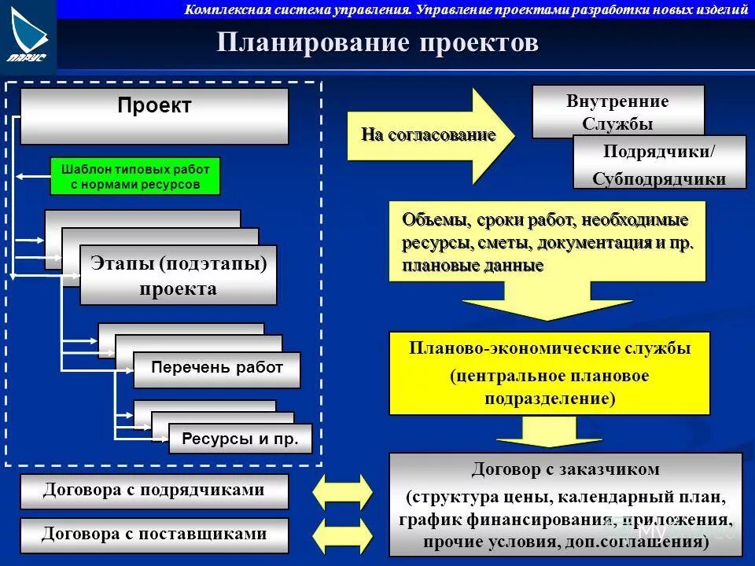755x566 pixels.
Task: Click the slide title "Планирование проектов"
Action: [377, 43]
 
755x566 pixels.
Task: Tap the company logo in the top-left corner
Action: [28, 36]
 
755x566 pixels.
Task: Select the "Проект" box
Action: [154, 115]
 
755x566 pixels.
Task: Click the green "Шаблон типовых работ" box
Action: [135, 177]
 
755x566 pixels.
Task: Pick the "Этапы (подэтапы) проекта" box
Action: [179, 275]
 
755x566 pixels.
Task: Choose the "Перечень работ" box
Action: [217, 369]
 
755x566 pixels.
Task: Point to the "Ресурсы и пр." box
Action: [241, 439]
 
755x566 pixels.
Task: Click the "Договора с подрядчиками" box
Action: [154, 491]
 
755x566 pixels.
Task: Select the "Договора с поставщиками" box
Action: [154, 535]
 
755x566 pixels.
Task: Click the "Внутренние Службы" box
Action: [618, 112]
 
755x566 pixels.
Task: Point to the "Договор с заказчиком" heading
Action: [565, 470]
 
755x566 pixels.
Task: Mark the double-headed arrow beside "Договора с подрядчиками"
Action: [343, 492]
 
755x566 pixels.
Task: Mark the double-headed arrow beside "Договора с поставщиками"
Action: [343, 536]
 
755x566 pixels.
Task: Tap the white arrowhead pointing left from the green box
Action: [21, 176]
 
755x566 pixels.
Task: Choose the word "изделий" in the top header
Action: [720, 9]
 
